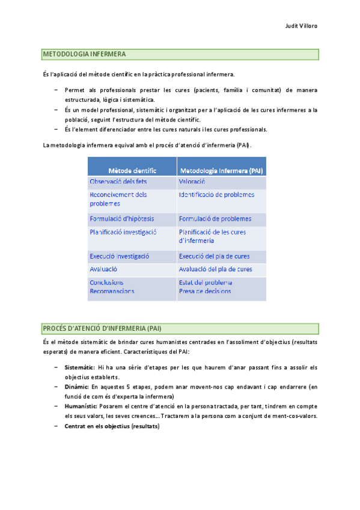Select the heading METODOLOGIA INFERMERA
coord(84,55)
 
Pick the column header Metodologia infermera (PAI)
coord(221,170)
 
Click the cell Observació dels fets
coord(118,182)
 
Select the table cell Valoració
coord(192,182)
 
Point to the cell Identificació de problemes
coord(216,195)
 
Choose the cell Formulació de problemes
coord(215,219)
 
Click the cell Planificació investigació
coord(123,232)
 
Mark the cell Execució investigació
coord(120,256)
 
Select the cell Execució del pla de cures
coord(215,256)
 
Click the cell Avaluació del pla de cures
coord(216,269)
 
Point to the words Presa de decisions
coord(205,291)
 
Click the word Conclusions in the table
coord(107,283)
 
